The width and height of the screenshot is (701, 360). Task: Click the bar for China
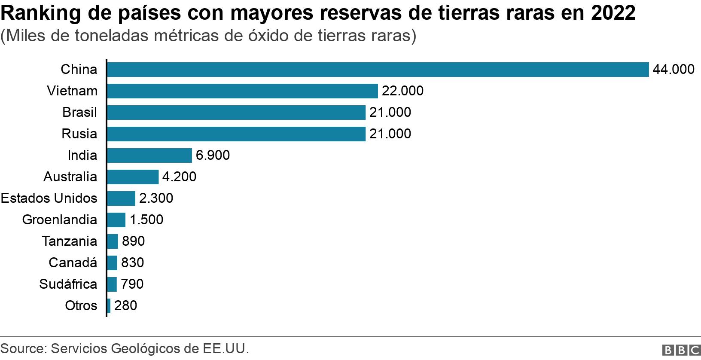click(378, 70)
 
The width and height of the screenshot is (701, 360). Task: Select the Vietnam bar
click(242, 91)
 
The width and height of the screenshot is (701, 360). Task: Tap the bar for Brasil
click(236, 113)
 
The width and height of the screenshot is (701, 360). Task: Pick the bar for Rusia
click(236, 134)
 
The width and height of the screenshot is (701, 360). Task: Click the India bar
click(149, 156)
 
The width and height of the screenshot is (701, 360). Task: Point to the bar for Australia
click(133, 177)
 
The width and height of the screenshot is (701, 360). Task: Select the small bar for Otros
click(109, 306)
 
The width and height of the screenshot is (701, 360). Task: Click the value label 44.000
click(673, 70)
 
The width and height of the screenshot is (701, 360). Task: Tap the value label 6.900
click(213, 156)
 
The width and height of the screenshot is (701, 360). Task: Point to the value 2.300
click(156, 198)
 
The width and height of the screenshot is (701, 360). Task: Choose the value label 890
click(133, 241)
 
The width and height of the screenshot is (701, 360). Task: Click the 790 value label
click(132, 284)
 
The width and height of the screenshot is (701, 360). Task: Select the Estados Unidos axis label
click(49, 198)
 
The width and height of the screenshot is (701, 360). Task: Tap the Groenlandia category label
click(59, 220)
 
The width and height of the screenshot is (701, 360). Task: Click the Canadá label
click(73, 263)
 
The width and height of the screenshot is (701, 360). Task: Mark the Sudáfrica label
click(68, 284)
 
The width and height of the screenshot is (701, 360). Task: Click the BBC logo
click(681, 351)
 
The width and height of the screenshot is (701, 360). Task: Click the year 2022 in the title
click(613, 14)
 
